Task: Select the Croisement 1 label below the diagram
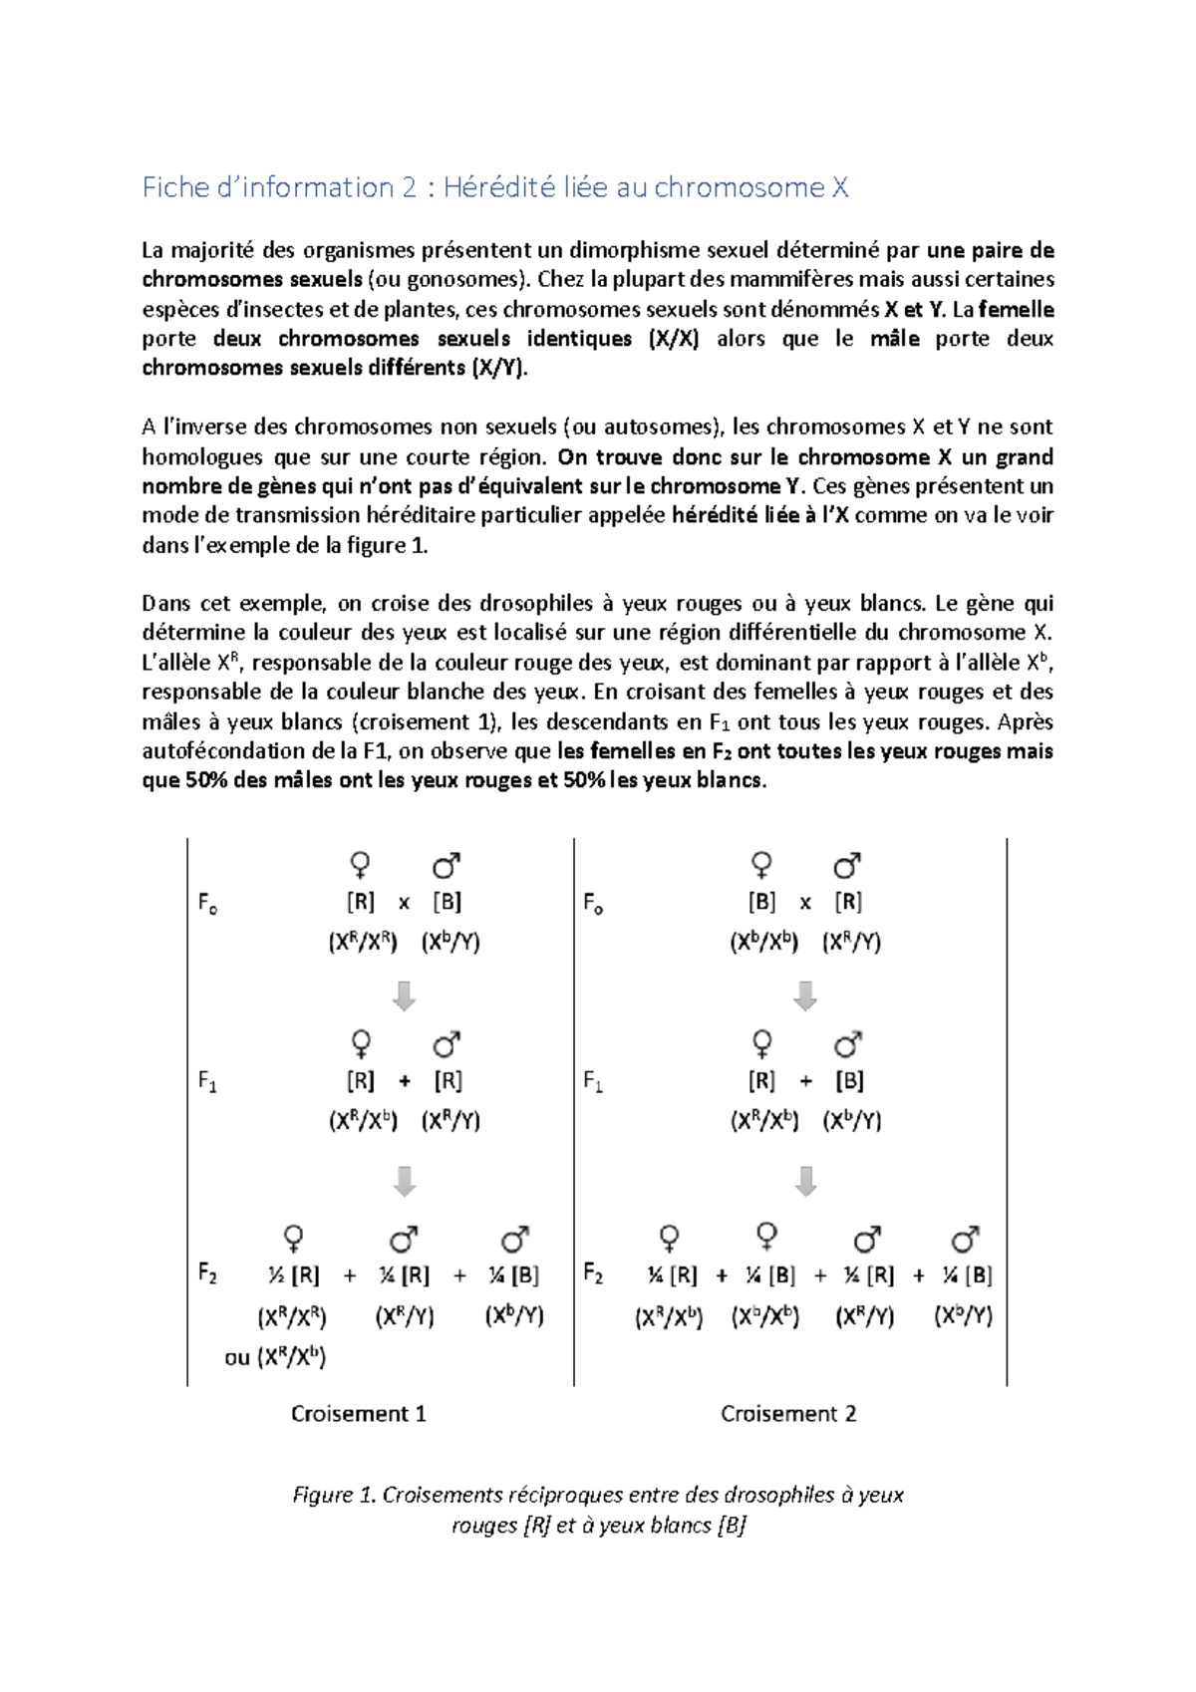click(358, 1413)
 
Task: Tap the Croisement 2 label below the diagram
click(788, 1413)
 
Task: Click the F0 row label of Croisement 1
click(207, 903)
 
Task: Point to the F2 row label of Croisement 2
click(593, 1272)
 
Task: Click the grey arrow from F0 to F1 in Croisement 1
click(404, 995)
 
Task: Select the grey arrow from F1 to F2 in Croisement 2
click(806, 1181)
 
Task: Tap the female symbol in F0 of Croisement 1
click(361, 864)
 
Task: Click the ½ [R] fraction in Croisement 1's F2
click(294, 1275)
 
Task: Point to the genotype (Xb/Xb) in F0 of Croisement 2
click(764, 942)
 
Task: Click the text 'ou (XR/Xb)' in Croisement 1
click(275, 1356)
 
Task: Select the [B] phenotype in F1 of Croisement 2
click(849, 1081)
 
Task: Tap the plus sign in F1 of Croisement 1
click(404, 1081)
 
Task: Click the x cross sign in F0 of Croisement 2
click(805, 903)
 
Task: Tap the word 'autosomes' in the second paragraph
click(656, 427)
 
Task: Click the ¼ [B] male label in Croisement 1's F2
click(513, 1275)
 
